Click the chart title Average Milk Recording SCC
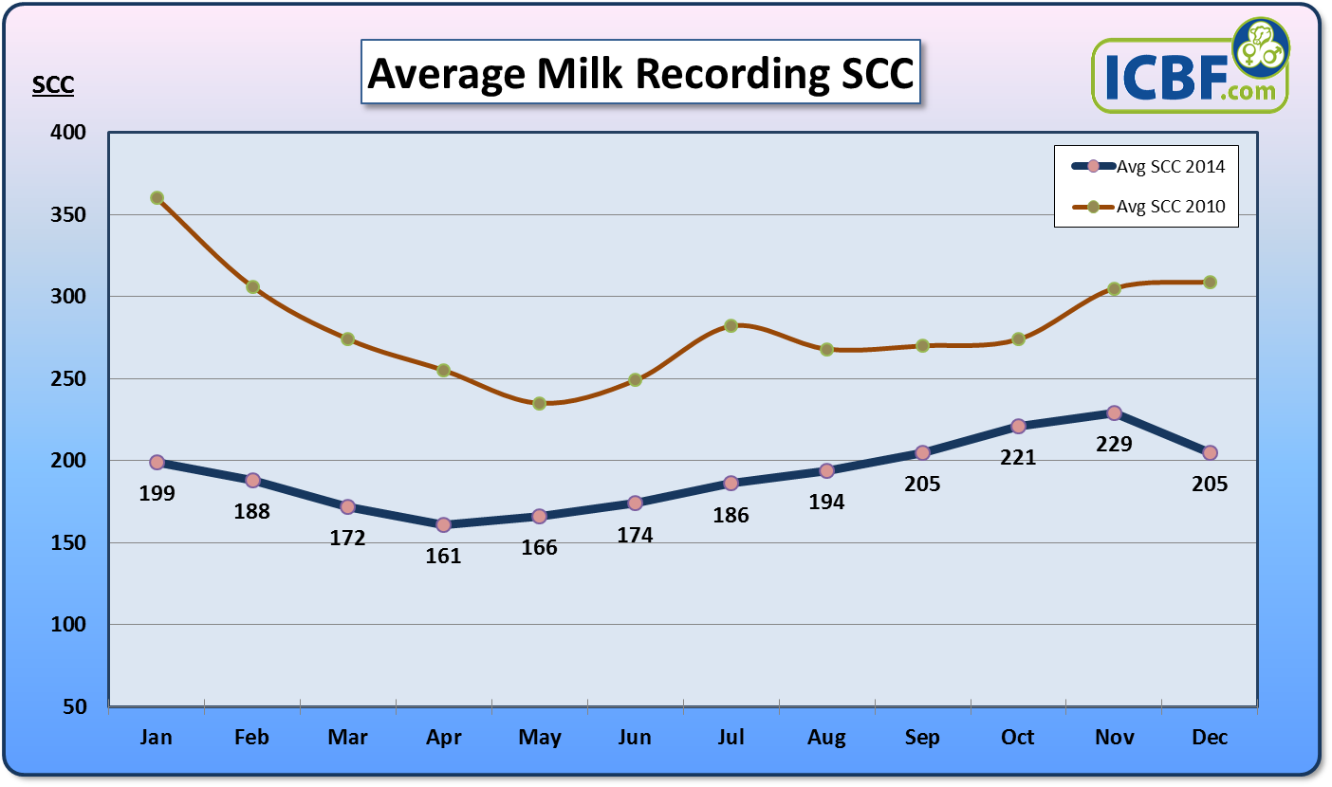(x=640, y=73)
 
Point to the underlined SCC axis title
(x=53, y=86)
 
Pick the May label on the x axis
(x=540, y=738)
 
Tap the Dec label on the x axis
(x=1209, y=738)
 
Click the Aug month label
(x=826, y=738)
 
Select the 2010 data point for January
(x=157, y=198)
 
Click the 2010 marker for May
(x=540, y=403)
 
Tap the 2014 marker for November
(x=1114, y=412)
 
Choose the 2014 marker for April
(x=443, y=524)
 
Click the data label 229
(x=1114, y=443)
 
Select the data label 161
(x=443, y=556)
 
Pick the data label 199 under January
(x=157, y=493)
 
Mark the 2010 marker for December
(x=1210, y=282)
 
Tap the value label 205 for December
(x=1210, y=484)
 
